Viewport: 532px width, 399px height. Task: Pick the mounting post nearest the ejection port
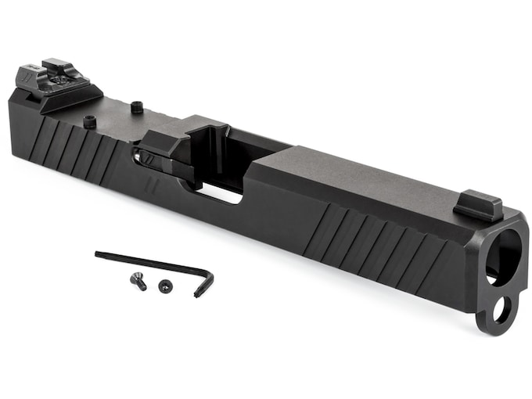(136, 107)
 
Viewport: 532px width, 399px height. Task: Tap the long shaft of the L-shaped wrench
(149, 261)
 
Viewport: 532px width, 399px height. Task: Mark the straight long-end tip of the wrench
(99, 253)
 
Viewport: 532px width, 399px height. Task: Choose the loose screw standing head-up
(165, 286)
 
